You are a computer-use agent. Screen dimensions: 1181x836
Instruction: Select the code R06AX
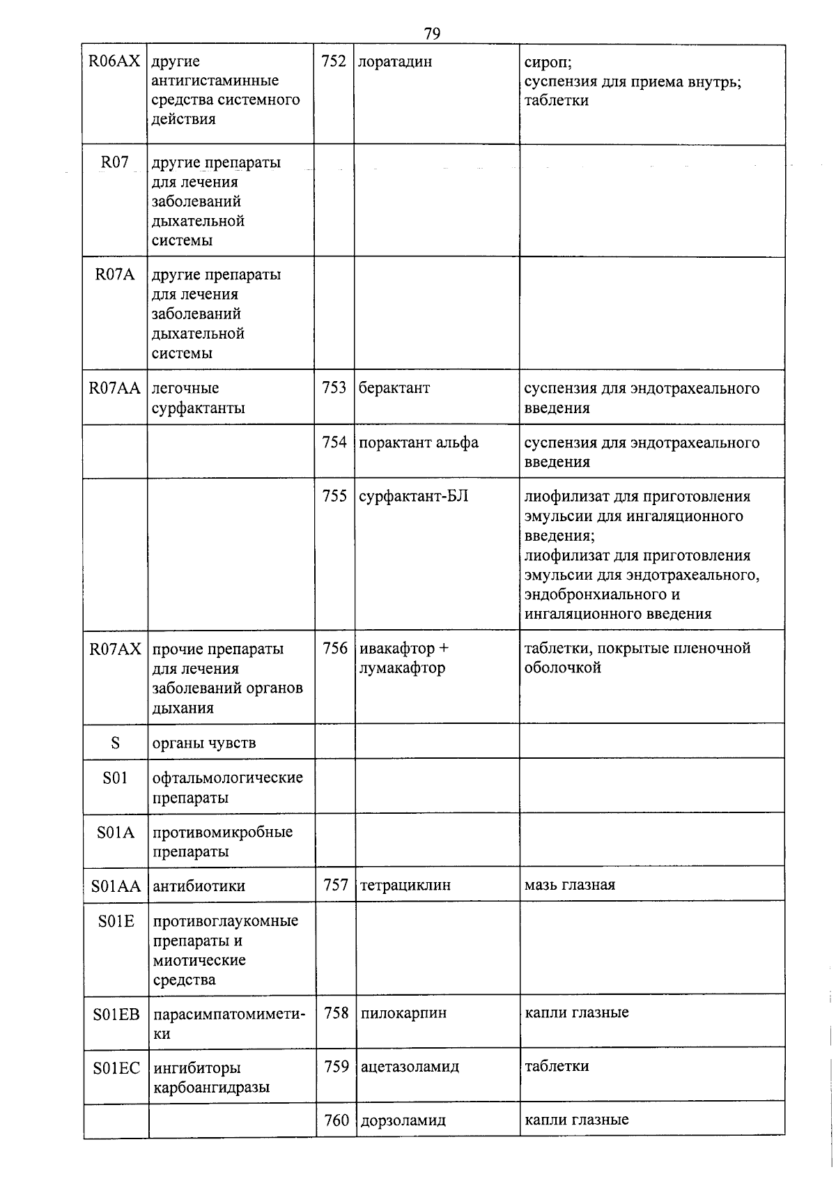click(115, 61)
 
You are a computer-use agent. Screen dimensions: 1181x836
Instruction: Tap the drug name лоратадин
click(395, 61)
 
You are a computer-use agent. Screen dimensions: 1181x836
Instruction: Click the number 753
click(334, 387)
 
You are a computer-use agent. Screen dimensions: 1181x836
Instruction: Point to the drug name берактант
click(394, 387)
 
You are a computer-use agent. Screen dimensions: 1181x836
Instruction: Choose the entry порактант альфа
click(419, 442)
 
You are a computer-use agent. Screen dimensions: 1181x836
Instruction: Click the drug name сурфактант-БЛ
click(414, 496)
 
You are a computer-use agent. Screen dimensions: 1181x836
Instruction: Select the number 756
click(335, 648)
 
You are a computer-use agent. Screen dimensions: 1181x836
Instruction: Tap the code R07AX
click(115, 649)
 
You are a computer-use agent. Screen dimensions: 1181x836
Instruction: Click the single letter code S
click(115, 743)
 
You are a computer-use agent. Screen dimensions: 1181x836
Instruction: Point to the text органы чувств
click(204, 743)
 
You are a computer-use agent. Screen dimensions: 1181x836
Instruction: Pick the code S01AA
click(116, 886)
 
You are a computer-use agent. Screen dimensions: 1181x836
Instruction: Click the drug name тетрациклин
click(405, 886)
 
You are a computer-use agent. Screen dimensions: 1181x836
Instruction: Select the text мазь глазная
click(570, 885)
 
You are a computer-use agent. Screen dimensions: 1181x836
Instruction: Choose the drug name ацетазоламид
click(410, 1067)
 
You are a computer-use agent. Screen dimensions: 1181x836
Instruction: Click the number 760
click(336, 1120)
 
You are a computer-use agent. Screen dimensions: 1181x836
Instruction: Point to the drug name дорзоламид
click(403, 1121)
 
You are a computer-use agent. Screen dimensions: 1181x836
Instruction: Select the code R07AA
click(115, 388)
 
